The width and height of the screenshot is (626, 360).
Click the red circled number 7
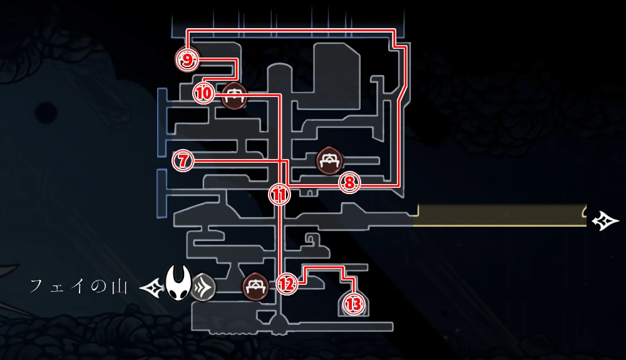coord(183,162)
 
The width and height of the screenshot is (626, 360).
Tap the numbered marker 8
coord(349,183)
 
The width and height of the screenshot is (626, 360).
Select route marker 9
coord(187,60)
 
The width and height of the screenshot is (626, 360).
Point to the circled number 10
coord(204,94)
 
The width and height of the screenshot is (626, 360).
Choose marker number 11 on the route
coord(279,195)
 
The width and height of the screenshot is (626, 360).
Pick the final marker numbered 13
coord(354,304)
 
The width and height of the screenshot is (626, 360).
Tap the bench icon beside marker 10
coord(234,96)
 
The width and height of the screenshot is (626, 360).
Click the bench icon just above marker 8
coord(330,162)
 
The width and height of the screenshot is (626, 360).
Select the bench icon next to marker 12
coord(255,287)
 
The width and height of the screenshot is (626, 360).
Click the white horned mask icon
coord(178,282)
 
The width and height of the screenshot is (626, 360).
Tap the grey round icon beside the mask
coord(203,287)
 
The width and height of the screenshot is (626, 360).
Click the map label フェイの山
coord(79,287)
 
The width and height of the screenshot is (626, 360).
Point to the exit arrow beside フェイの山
coord(151,287)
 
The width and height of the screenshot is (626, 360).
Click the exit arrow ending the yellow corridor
coord(605,221)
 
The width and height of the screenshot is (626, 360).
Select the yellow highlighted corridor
coord(499,215)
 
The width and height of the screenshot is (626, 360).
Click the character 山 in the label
coord(120,287)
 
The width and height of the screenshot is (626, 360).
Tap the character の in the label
coord(99,287)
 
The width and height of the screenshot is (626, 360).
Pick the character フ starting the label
coord(37,286)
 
